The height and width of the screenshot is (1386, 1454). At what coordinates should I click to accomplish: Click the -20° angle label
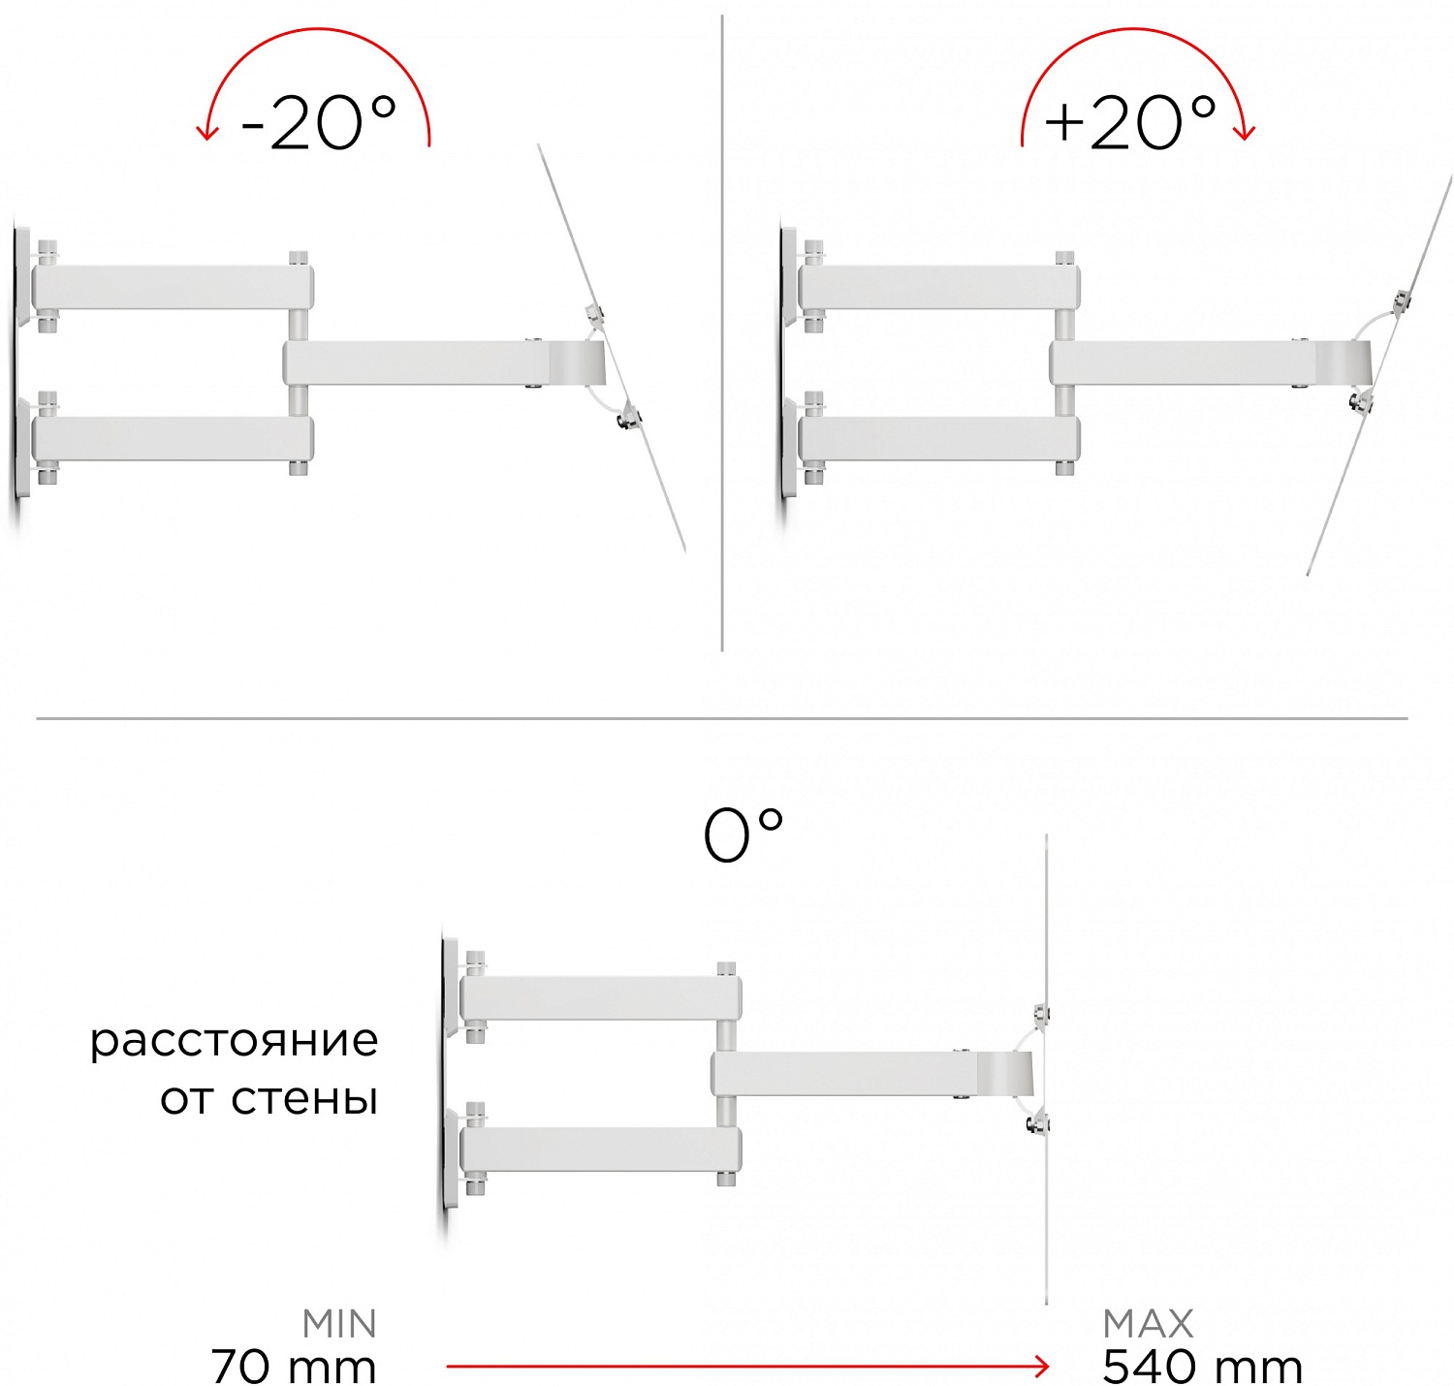click(x=319, y=123)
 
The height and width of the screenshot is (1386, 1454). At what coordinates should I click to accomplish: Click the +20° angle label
click(x=1129, y=123)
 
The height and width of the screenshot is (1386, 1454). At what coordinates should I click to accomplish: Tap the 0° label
click(x=743, y=835)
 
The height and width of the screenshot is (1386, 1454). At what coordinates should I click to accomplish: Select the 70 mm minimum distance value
click(x=294, y=1366)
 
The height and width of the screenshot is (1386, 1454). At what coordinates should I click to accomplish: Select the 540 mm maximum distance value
click(x=1203, y=1366)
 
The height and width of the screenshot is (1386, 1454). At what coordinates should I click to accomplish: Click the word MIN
click(x=339, y=1324)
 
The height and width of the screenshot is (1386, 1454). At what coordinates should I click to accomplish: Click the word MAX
click(x=1148, y=1324)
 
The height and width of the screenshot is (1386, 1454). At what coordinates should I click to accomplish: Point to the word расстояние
click(x=234, y=1041)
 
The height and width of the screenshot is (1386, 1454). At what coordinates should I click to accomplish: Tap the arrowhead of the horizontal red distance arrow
click(x=1042, y=1366)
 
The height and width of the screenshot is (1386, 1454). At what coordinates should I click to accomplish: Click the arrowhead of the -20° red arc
click(x=206, y=133)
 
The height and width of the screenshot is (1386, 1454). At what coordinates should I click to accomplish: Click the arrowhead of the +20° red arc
click(x=1244, y=133)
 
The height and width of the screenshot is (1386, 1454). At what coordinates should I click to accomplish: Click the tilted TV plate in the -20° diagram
click(x=612, y=348)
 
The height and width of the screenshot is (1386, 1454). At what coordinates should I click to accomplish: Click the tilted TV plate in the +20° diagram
click(x=1380, y=375)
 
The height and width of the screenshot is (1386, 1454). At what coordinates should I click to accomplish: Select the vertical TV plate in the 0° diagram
click(x=1047, y=1070)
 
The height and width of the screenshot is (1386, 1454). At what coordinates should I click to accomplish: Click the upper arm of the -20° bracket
click(x=174, y=288)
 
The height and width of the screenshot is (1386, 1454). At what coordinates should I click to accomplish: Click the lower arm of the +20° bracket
click(x=939, y=439)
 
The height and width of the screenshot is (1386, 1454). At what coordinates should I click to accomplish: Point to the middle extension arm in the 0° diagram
click(x=871, y=1073)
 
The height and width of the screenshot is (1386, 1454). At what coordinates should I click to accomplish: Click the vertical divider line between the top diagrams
click(x=722, y=332)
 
